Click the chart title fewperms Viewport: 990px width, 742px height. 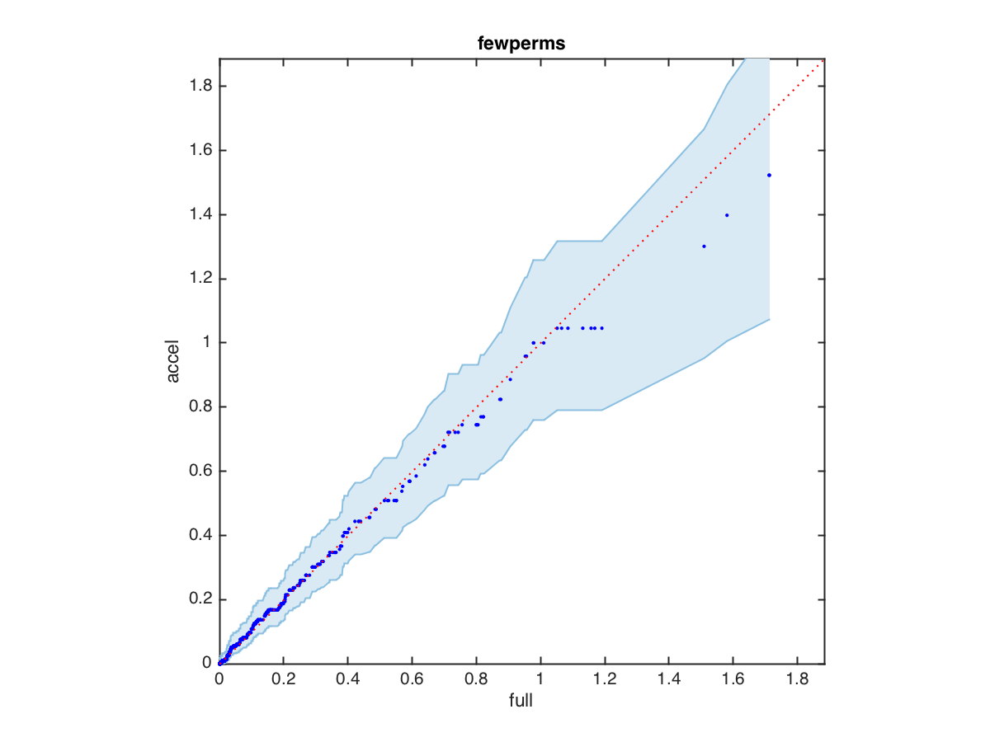[521, 45]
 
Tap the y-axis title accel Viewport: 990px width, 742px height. [173, 361]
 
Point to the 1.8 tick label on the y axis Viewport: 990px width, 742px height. [201, 87]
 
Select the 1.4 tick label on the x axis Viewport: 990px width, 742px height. [668, 680]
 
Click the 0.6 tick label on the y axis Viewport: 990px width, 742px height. [201, 471]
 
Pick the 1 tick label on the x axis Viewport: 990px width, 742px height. [540, 680]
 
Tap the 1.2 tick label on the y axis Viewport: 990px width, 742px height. [201, 279]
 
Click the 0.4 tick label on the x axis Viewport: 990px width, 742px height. [347, 680]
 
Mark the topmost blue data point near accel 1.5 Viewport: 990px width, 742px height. [769, 175]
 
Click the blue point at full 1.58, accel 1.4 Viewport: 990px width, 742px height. [727, 215]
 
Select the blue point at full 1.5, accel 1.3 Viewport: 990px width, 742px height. [704, 247]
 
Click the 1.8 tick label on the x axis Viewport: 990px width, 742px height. [797, 680]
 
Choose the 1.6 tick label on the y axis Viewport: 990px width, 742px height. [201, 151]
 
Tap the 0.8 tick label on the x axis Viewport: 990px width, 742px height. [476, 680]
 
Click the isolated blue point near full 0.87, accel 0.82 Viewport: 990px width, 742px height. [500, 399]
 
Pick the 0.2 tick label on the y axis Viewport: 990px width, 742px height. [201, 599]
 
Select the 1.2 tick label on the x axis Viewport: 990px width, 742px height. [604, 680]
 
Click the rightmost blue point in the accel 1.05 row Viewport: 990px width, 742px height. [601, 328]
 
